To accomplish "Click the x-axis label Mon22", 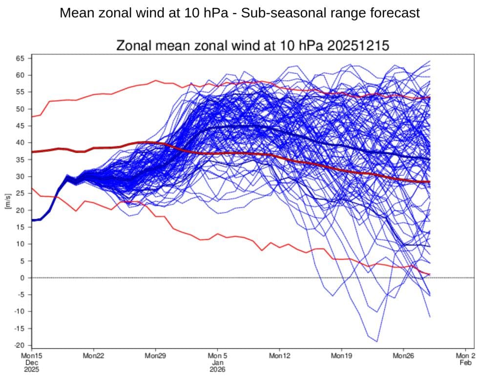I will pyautogui.click(x=93, y=356).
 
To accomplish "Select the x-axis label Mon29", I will pyautogui.click(x=155, y=356).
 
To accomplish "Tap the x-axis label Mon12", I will pyautogui.click(x=279, y=356).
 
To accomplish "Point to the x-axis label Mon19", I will pyautogui.click(x=341, y=356).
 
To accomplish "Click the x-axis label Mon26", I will pyautogui.click(x=403, y=356).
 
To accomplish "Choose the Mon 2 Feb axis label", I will pyautogui.click(x=465, y=359).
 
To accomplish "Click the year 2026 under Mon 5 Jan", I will pyautogui.click(x=217, y=369).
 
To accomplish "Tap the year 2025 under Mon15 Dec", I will pyautogui.click(x=31, y=369).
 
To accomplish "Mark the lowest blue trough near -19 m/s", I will pyautogui.click(x=376, y=341).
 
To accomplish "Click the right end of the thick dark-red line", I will pyautogui.click(x=429, y=182).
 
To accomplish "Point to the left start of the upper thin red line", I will pyautogui.click(x=32, y=117).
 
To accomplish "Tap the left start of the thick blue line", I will pyautogui.click(x=32, y=220).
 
